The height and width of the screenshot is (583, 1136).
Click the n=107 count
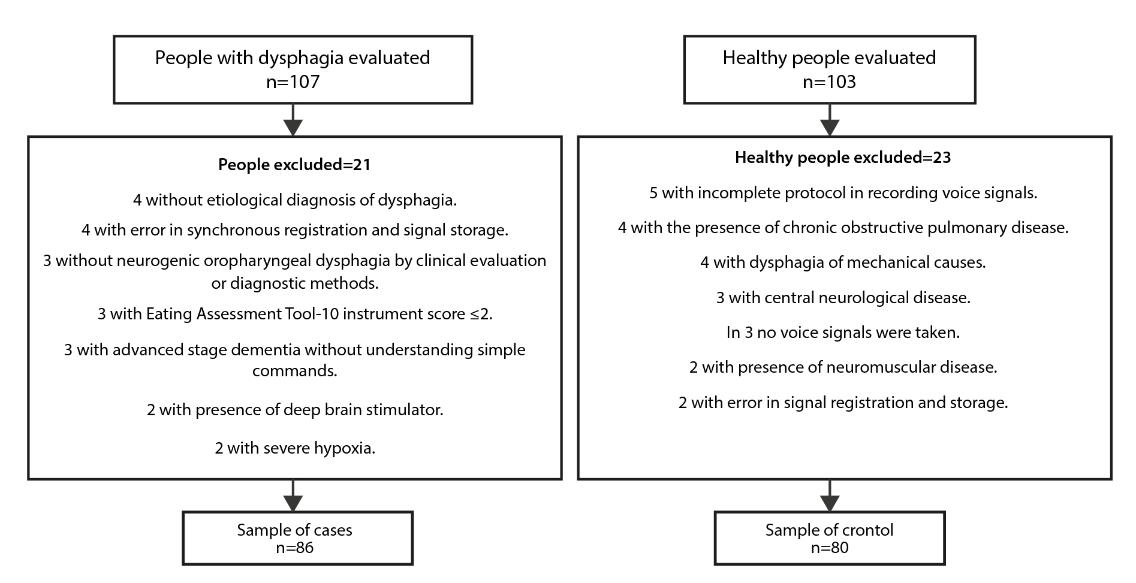[x=293, y=81]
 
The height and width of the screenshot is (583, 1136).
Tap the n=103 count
[x=829, y=81]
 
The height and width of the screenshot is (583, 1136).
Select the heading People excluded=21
[x=294, y=165]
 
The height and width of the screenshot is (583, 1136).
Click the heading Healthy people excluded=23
[x=843, y=158]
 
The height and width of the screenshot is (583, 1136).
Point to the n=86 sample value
[x=295, y=548]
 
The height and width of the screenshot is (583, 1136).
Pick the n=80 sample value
[x=830, y=548]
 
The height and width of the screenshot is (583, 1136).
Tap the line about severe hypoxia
[x=295, y=448]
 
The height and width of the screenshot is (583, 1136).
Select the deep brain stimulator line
[x=295, y=410]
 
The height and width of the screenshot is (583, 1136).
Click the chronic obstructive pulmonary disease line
[x=843, y=228]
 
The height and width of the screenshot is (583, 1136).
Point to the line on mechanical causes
[x=843, y=262]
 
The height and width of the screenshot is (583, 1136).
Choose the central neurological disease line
[x=843, y=298]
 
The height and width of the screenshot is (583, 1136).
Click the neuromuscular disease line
[x=843, y=367]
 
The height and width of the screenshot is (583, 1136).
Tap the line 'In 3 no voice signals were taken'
[x=843, y=333]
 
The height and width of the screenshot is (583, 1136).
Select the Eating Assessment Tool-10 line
[x=295, y=314]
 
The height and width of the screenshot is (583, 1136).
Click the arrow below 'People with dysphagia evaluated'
[x=293, y=120]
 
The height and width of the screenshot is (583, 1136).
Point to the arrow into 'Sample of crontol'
[x=830, y=496]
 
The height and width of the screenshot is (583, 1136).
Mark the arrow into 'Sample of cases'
[x=293, y=496]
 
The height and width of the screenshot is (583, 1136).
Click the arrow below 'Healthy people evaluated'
[x=830, y=120]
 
